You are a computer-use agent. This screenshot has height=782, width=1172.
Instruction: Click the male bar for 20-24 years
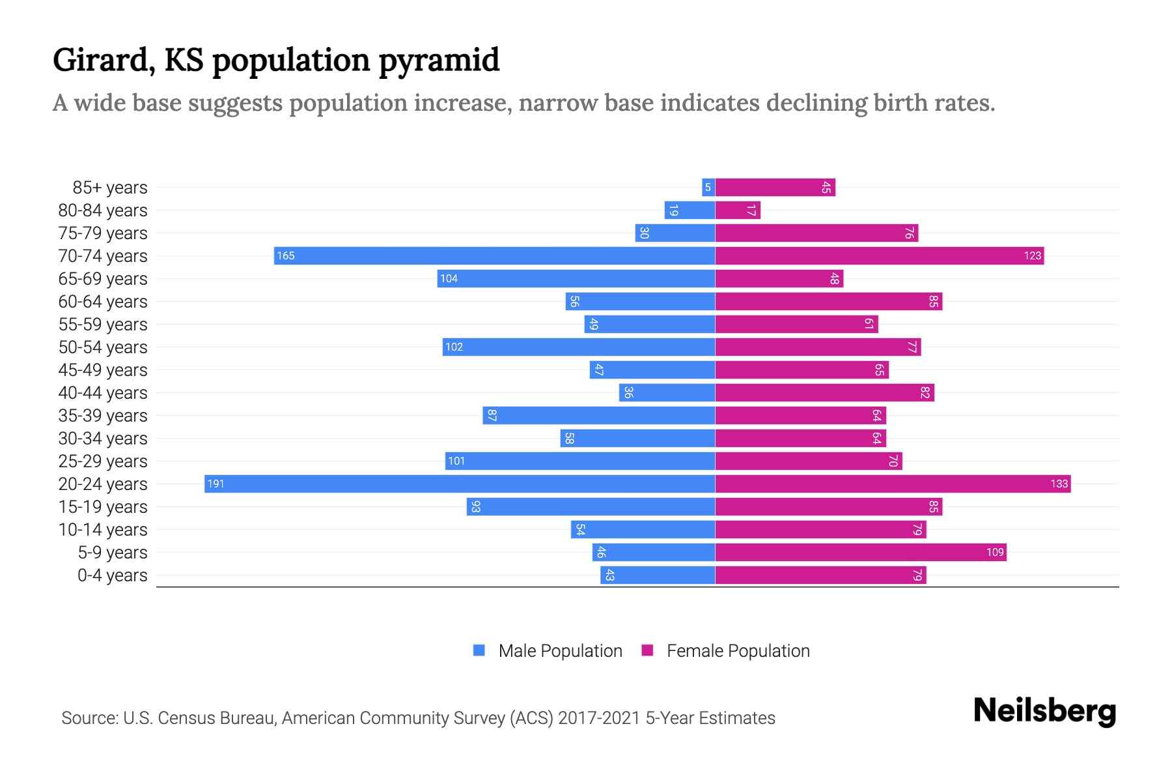[x=460, y=484]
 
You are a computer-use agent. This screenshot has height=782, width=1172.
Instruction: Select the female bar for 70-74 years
[x=879, y=255]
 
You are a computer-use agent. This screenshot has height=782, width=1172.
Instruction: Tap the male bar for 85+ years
[x=708, y=188]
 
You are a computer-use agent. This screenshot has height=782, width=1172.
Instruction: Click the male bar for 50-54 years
[x=579, y=347]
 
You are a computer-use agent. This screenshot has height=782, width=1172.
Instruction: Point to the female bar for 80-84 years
[x=738, y=210]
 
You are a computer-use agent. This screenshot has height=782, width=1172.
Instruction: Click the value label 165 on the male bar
[x=285, y=255]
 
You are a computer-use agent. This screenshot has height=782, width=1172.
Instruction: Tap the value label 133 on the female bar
[x=1059, y=484]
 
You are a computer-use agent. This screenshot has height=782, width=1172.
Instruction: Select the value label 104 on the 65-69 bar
[x=449, y=279]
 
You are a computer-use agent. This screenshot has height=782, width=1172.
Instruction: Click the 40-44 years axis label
[x=103, y=393]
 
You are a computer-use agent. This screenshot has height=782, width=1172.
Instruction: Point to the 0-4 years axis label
[x=112, y=575]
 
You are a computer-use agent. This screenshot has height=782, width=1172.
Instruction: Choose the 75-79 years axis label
[x=103, y=233]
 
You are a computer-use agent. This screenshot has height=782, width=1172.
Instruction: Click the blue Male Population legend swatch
[x=479, y=650]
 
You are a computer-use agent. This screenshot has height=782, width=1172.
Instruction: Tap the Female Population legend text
[x=738, y=650]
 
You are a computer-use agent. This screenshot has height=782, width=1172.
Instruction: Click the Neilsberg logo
[x=1044, y=711]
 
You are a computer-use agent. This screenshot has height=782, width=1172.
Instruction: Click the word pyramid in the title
[x=439, y=60]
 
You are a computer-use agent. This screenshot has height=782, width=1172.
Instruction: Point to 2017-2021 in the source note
[x=598, y=718]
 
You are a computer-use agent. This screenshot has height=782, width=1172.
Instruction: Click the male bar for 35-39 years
[x=599, y=415]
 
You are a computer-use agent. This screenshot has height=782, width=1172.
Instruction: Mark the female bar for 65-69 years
[x=779, y=279]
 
